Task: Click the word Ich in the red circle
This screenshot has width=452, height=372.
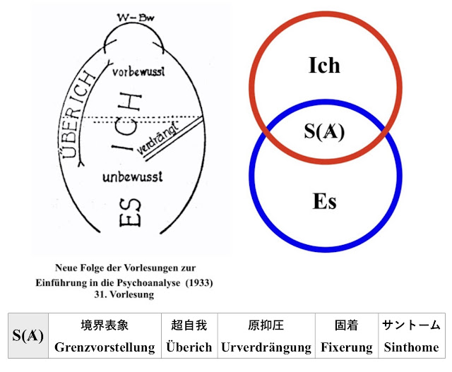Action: point(324,65)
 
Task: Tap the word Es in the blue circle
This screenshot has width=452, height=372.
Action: point(324,202)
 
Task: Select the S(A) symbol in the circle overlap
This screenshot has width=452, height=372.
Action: point(324,132)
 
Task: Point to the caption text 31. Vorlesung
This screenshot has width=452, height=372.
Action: point(125,296)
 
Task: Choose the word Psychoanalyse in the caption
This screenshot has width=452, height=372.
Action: point(141,282)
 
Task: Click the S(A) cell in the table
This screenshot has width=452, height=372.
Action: point(29,336)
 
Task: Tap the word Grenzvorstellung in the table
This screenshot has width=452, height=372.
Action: point(105,347)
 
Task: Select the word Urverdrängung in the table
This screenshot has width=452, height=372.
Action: point(266,347)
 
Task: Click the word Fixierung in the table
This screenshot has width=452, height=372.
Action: point(347,347)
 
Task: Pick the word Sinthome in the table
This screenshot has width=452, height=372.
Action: point(412,347)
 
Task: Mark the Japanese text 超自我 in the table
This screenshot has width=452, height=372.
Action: point(189,325)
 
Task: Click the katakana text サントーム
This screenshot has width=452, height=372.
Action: point(412,325)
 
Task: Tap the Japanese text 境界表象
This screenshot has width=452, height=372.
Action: point(105,325)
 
